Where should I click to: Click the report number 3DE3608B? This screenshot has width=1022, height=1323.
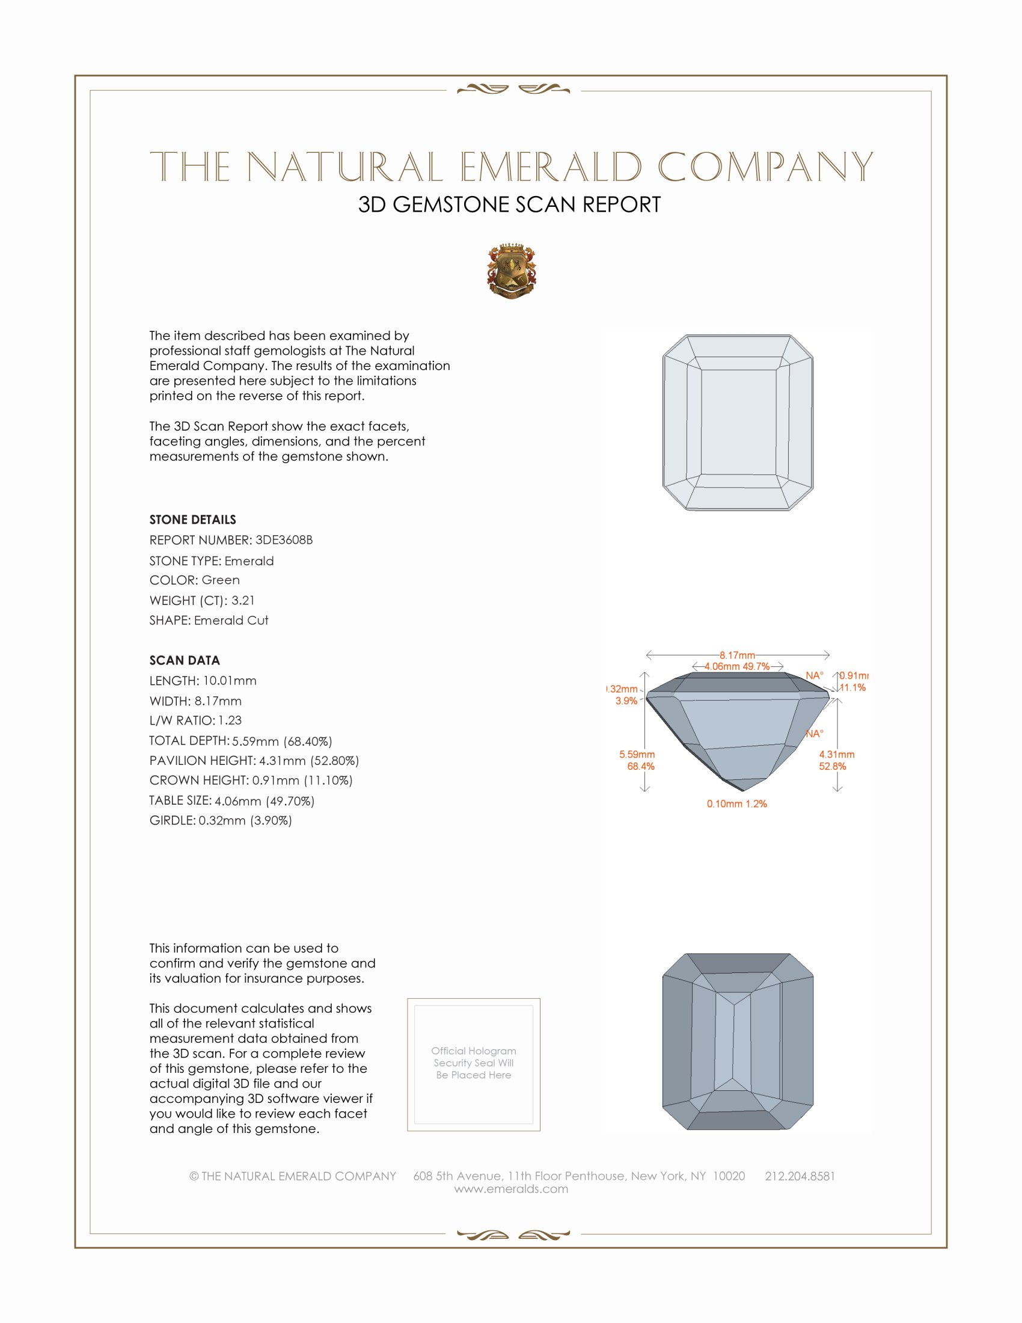pos(284,540)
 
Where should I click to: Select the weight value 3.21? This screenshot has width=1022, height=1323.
pos(243,600)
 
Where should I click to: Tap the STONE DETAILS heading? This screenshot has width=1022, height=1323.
pos(192,520)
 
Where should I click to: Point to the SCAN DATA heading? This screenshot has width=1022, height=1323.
pos(185,660)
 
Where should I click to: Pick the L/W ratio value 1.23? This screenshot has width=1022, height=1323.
pos(230,720)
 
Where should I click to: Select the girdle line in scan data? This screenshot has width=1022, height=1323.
pos(221,821)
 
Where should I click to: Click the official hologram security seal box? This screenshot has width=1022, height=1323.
pos(474,1065)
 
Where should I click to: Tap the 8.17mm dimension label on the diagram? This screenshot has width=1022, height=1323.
pos(737,655)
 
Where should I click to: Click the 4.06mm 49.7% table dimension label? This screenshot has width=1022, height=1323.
pos(737,666)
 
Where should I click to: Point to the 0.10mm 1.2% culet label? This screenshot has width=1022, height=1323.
pos(737,804)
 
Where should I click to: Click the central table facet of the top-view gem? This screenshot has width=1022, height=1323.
pos(738,422)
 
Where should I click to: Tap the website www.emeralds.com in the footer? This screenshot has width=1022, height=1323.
pos(511,1189)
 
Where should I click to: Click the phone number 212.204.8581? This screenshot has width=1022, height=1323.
pos(800,1176)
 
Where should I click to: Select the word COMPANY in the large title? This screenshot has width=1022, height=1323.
pos(765,167)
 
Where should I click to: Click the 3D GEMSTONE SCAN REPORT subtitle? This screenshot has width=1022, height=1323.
pos(509,204)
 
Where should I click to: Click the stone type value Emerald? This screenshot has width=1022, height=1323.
pos(249,561)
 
